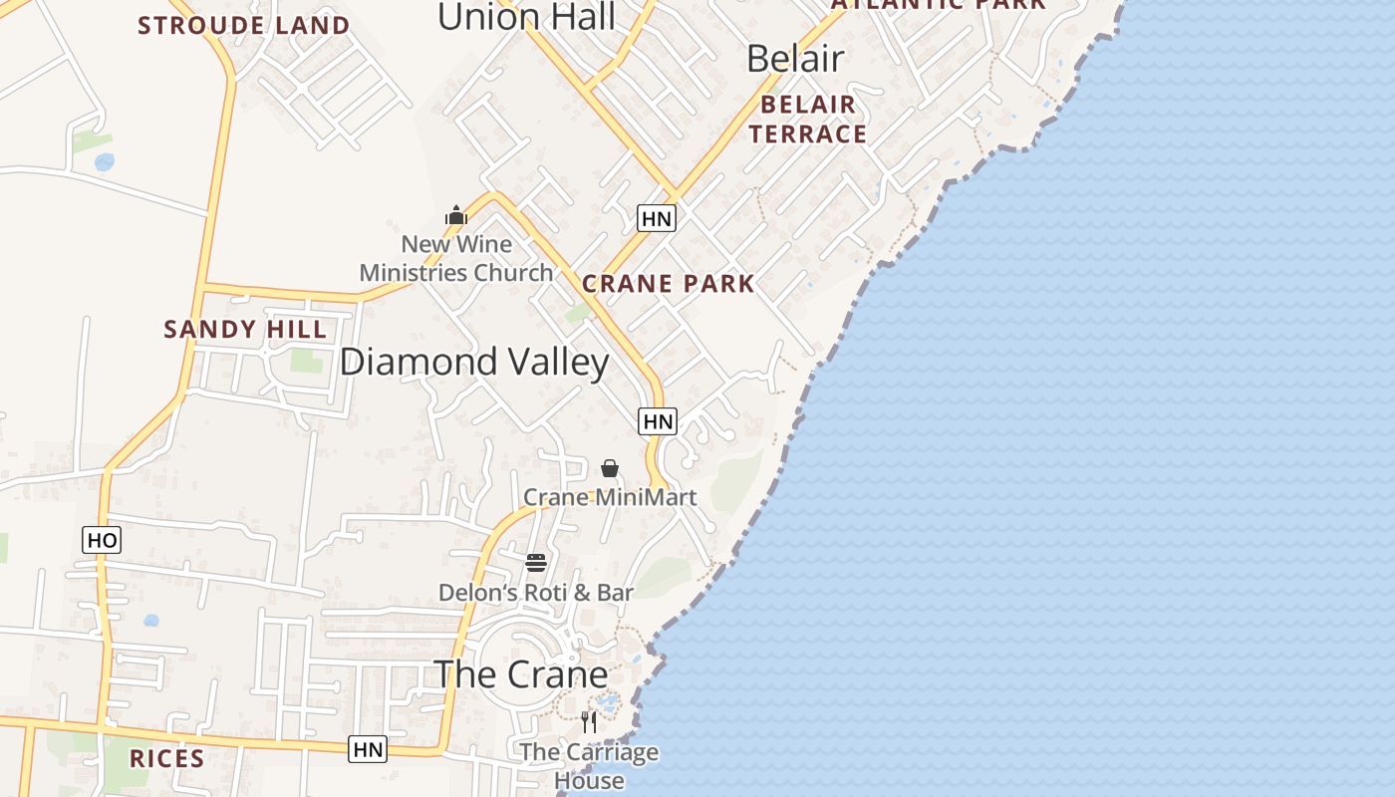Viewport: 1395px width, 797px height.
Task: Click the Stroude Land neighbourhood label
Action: [243, 25]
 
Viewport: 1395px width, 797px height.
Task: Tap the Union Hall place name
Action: [526, 17]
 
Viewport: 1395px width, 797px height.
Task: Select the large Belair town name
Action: [795, 59]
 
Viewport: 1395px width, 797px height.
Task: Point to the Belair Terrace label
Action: [807, 120]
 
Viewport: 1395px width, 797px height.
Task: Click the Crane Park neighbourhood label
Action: [668, 284]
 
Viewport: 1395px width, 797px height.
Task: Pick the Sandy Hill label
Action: [244, 330]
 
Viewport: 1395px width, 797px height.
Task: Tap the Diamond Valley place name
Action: [474, 362]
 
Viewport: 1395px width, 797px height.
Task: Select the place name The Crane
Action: [521, 674]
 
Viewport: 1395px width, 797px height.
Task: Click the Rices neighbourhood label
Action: [166, 759]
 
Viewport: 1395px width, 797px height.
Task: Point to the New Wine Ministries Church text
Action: [456, 258]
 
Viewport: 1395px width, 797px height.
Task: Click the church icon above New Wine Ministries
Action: [456, 215]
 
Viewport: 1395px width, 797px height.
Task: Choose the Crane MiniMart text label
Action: [610, 496]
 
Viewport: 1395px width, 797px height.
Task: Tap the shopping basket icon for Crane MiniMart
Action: [610, 468]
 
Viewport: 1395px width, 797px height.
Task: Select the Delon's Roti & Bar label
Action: [536, 593]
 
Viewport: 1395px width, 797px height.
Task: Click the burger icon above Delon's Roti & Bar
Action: [536, 563]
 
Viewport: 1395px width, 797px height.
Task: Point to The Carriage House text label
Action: [589, 766]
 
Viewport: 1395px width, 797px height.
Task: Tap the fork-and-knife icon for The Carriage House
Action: [589, 721]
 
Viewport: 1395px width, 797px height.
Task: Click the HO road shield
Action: [102, 540]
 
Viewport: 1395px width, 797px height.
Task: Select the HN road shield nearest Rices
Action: [368, 749]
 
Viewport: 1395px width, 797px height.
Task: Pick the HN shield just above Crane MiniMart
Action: [658, 421]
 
